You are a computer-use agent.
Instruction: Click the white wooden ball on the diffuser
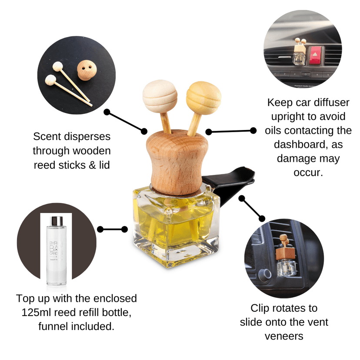pos(160,96)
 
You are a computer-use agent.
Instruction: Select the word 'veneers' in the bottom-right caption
pos(284,336)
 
